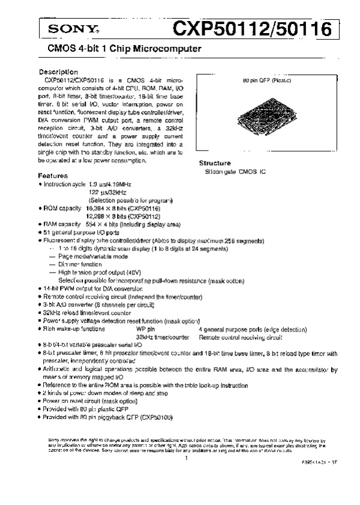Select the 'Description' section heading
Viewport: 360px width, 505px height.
[x=58, y=71]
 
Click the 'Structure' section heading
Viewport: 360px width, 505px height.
[x=215, y=163]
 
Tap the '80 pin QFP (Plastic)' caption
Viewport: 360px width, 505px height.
[x=267, y=80]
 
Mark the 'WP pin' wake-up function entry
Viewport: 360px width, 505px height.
[x=145, y=329]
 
